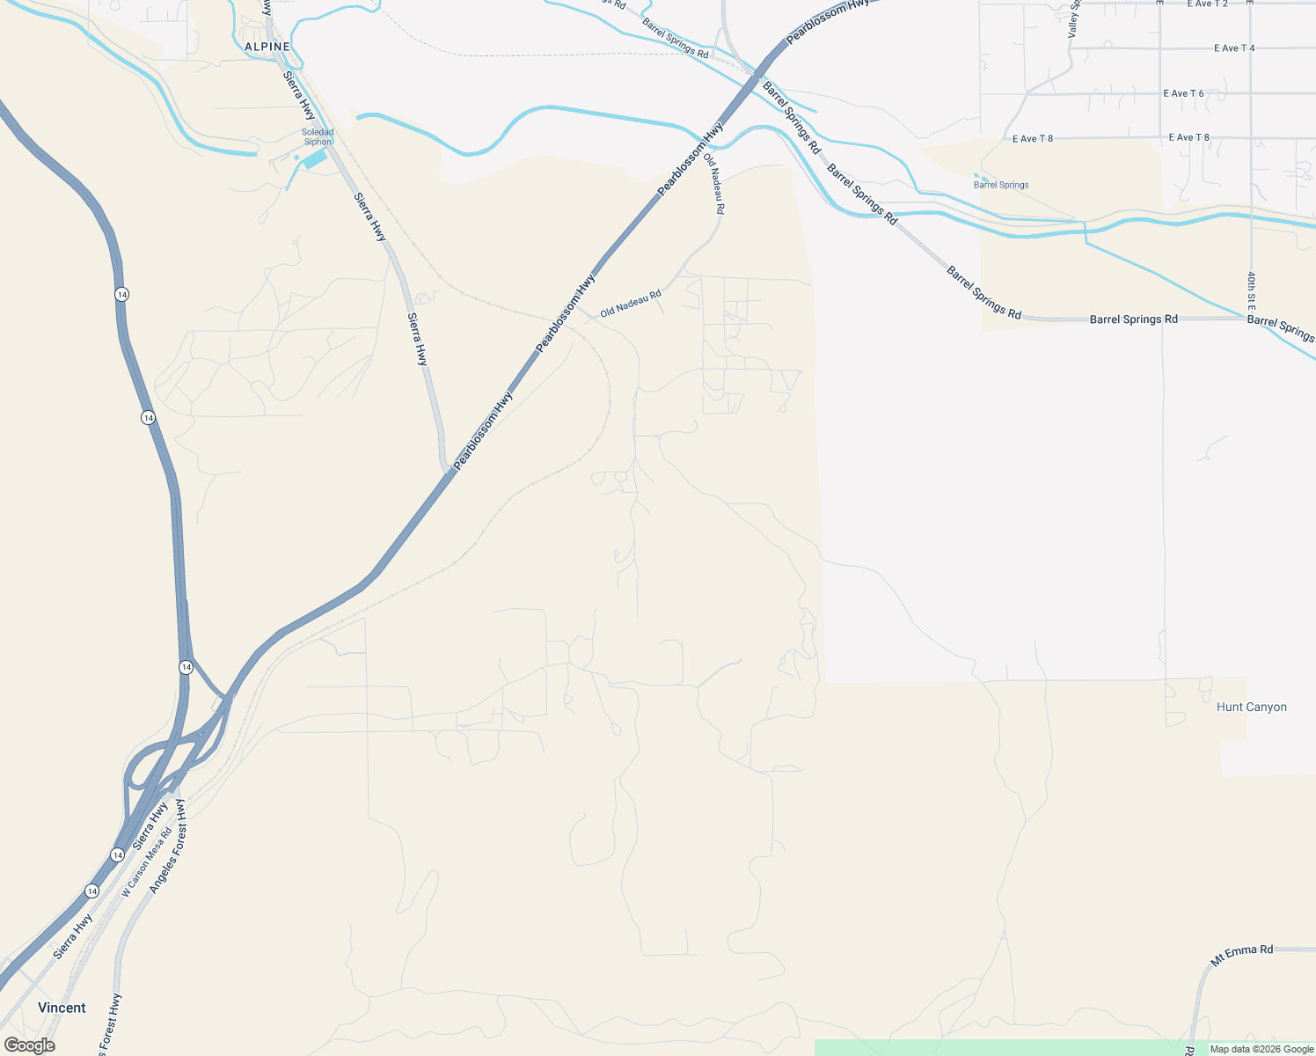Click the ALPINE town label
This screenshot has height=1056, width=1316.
(x=267, y=47)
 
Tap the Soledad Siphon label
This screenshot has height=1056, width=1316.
(x=318, y=137)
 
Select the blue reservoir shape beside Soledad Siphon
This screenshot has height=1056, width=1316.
(x=314, y=159)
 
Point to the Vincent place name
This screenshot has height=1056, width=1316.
(x=62, y=1008)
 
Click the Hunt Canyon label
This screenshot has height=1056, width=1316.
(x=1251, y=708)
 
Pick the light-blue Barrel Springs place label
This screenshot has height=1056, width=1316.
(x=1001, y=185)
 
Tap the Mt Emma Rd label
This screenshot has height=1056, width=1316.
(x=1241, y=955)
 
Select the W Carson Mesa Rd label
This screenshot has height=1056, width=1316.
(x=146, y=862)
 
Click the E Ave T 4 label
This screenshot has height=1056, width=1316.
(x=1233, y=48)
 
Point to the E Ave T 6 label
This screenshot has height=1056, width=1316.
(x=1183, y=93)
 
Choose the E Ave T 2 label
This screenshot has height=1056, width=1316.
(x=1207, y=4)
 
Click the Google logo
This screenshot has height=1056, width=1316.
(x=29, y=1045)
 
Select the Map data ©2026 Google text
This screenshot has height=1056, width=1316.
(x=1261, y=1049)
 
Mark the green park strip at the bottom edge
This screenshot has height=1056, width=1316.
(x=994, y=1047)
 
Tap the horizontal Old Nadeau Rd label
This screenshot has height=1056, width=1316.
(x=631, y=304)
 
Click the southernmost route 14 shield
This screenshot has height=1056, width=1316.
(x=92, y=891)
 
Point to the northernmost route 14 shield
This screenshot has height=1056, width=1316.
(x=121, y=294)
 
